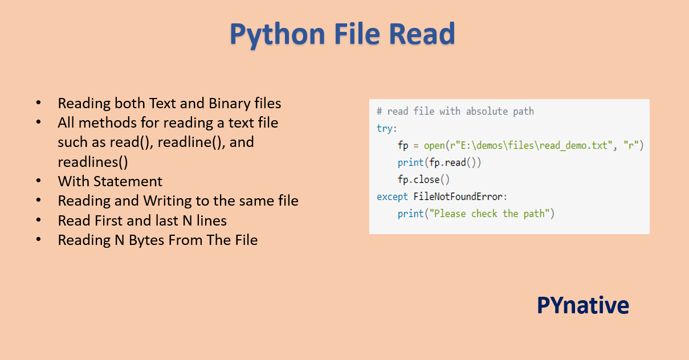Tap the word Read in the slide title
pos(422,34)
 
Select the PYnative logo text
pos(582,306)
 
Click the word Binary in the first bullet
pos(230,104)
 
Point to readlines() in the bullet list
pos(93,162)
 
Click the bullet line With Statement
pos(110,181)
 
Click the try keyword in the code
pos(386,128)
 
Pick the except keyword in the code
pos(392,197)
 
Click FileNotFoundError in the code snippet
pos(459,197)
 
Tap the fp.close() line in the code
pos(423,179)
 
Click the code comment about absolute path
pos(455,111)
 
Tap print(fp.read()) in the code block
pos(439,162)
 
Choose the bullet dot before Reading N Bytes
pos(39,240)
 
